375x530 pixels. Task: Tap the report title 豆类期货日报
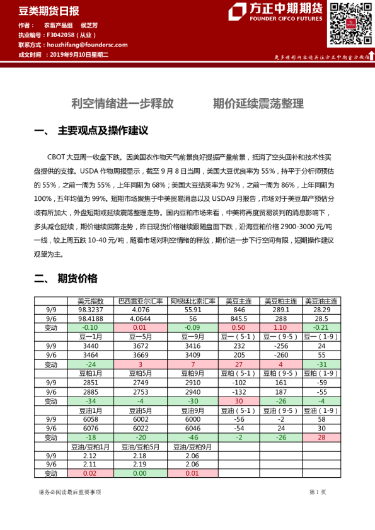(x=40, y=11)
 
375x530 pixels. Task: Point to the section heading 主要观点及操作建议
(x=103, y=131)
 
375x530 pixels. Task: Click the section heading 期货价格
(x=78, y=278)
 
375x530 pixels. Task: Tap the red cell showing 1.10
(x=280, y=328)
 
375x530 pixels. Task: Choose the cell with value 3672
(x=141, y=346)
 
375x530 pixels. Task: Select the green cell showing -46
(x=193, y=437)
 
